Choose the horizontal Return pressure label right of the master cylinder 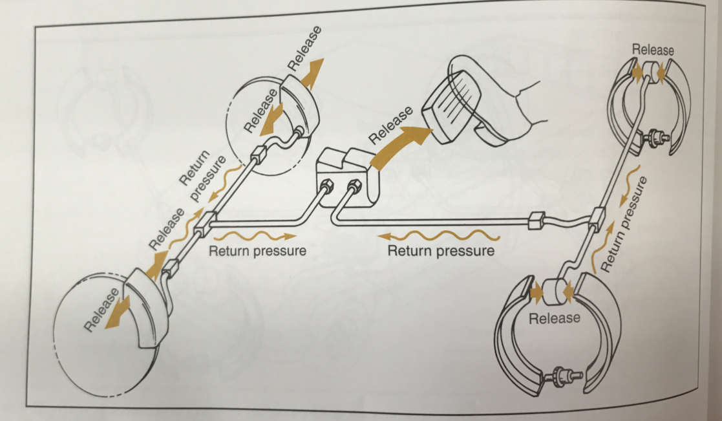[x=440, y=250]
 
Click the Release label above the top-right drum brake [x=653, y=49]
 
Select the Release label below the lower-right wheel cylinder [x=554, y=318]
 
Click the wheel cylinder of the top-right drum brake [x=653, y=72]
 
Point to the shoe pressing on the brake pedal [x=511, y=116]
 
